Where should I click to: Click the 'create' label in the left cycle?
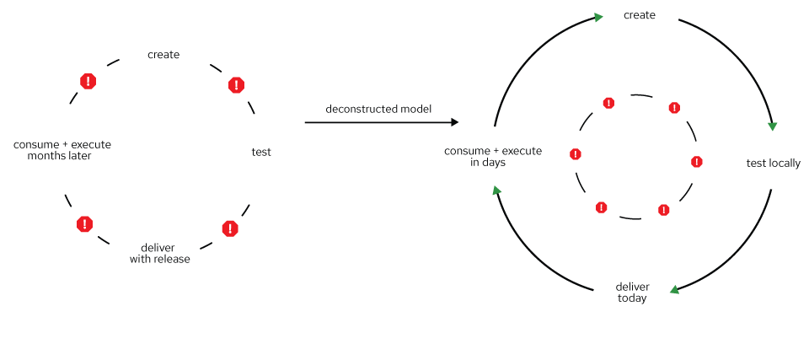(163, 55)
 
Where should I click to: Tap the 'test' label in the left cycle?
(261, 153)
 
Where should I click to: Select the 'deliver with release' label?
(159, 254)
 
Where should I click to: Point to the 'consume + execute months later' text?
(62, 150)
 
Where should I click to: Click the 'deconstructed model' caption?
(378, 110)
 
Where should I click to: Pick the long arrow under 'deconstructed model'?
(381, 122)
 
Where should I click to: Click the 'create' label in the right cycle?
(639, 15)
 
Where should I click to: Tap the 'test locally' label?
(773, 163)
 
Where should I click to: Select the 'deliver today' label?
(632, 292)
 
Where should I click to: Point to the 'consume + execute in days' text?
(493, 157)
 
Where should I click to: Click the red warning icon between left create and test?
(236, 85)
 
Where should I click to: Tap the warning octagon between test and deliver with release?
(230, 228)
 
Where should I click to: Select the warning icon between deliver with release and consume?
(84, 224)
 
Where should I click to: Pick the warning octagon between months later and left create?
(88, 81)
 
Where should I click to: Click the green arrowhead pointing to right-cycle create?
(598, 18)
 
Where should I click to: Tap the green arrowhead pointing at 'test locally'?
(772, 126)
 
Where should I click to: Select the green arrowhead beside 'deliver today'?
(673, 290)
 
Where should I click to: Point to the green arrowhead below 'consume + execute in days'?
(496, 191)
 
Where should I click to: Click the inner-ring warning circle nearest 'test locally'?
(696, 162)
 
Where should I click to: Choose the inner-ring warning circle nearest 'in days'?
(576, 154)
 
